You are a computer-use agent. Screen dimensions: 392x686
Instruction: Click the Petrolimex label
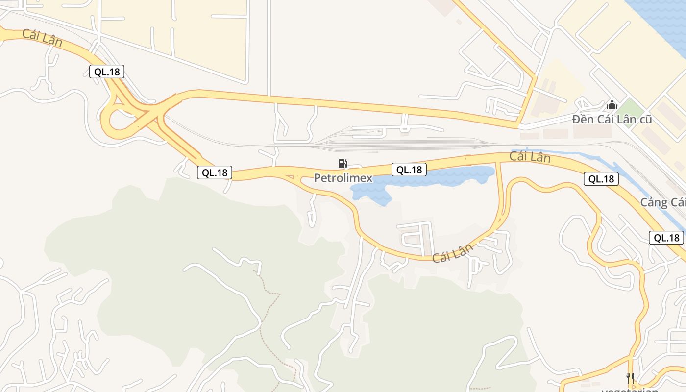[343, 178]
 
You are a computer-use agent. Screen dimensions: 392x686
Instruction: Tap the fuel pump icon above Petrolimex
[343, 164]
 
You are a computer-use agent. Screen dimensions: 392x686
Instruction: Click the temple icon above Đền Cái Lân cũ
[612, 105]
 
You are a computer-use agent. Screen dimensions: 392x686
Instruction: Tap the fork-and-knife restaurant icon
[630, 378]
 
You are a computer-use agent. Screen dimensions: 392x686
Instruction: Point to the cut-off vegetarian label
[630, 390]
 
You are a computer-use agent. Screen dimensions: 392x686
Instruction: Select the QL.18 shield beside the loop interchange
[107, 72]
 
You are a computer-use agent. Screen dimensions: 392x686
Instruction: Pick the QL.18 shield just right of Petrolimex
[409, 170]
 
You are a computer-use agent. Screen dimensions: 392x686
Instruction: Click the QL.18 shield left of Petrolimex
[215, 172]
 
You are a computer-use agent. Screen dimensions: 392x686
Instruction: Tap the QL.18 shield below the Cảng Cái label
[666, 238]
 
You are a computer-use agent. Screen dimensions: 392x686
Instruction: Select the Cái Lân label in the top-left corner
[42, 38]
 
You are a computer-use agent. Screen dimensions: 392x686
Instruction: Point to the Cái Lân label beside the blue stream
[530, 157]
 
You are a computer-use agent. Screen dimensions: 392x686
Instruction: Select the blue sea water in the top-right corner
[666, 20]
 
